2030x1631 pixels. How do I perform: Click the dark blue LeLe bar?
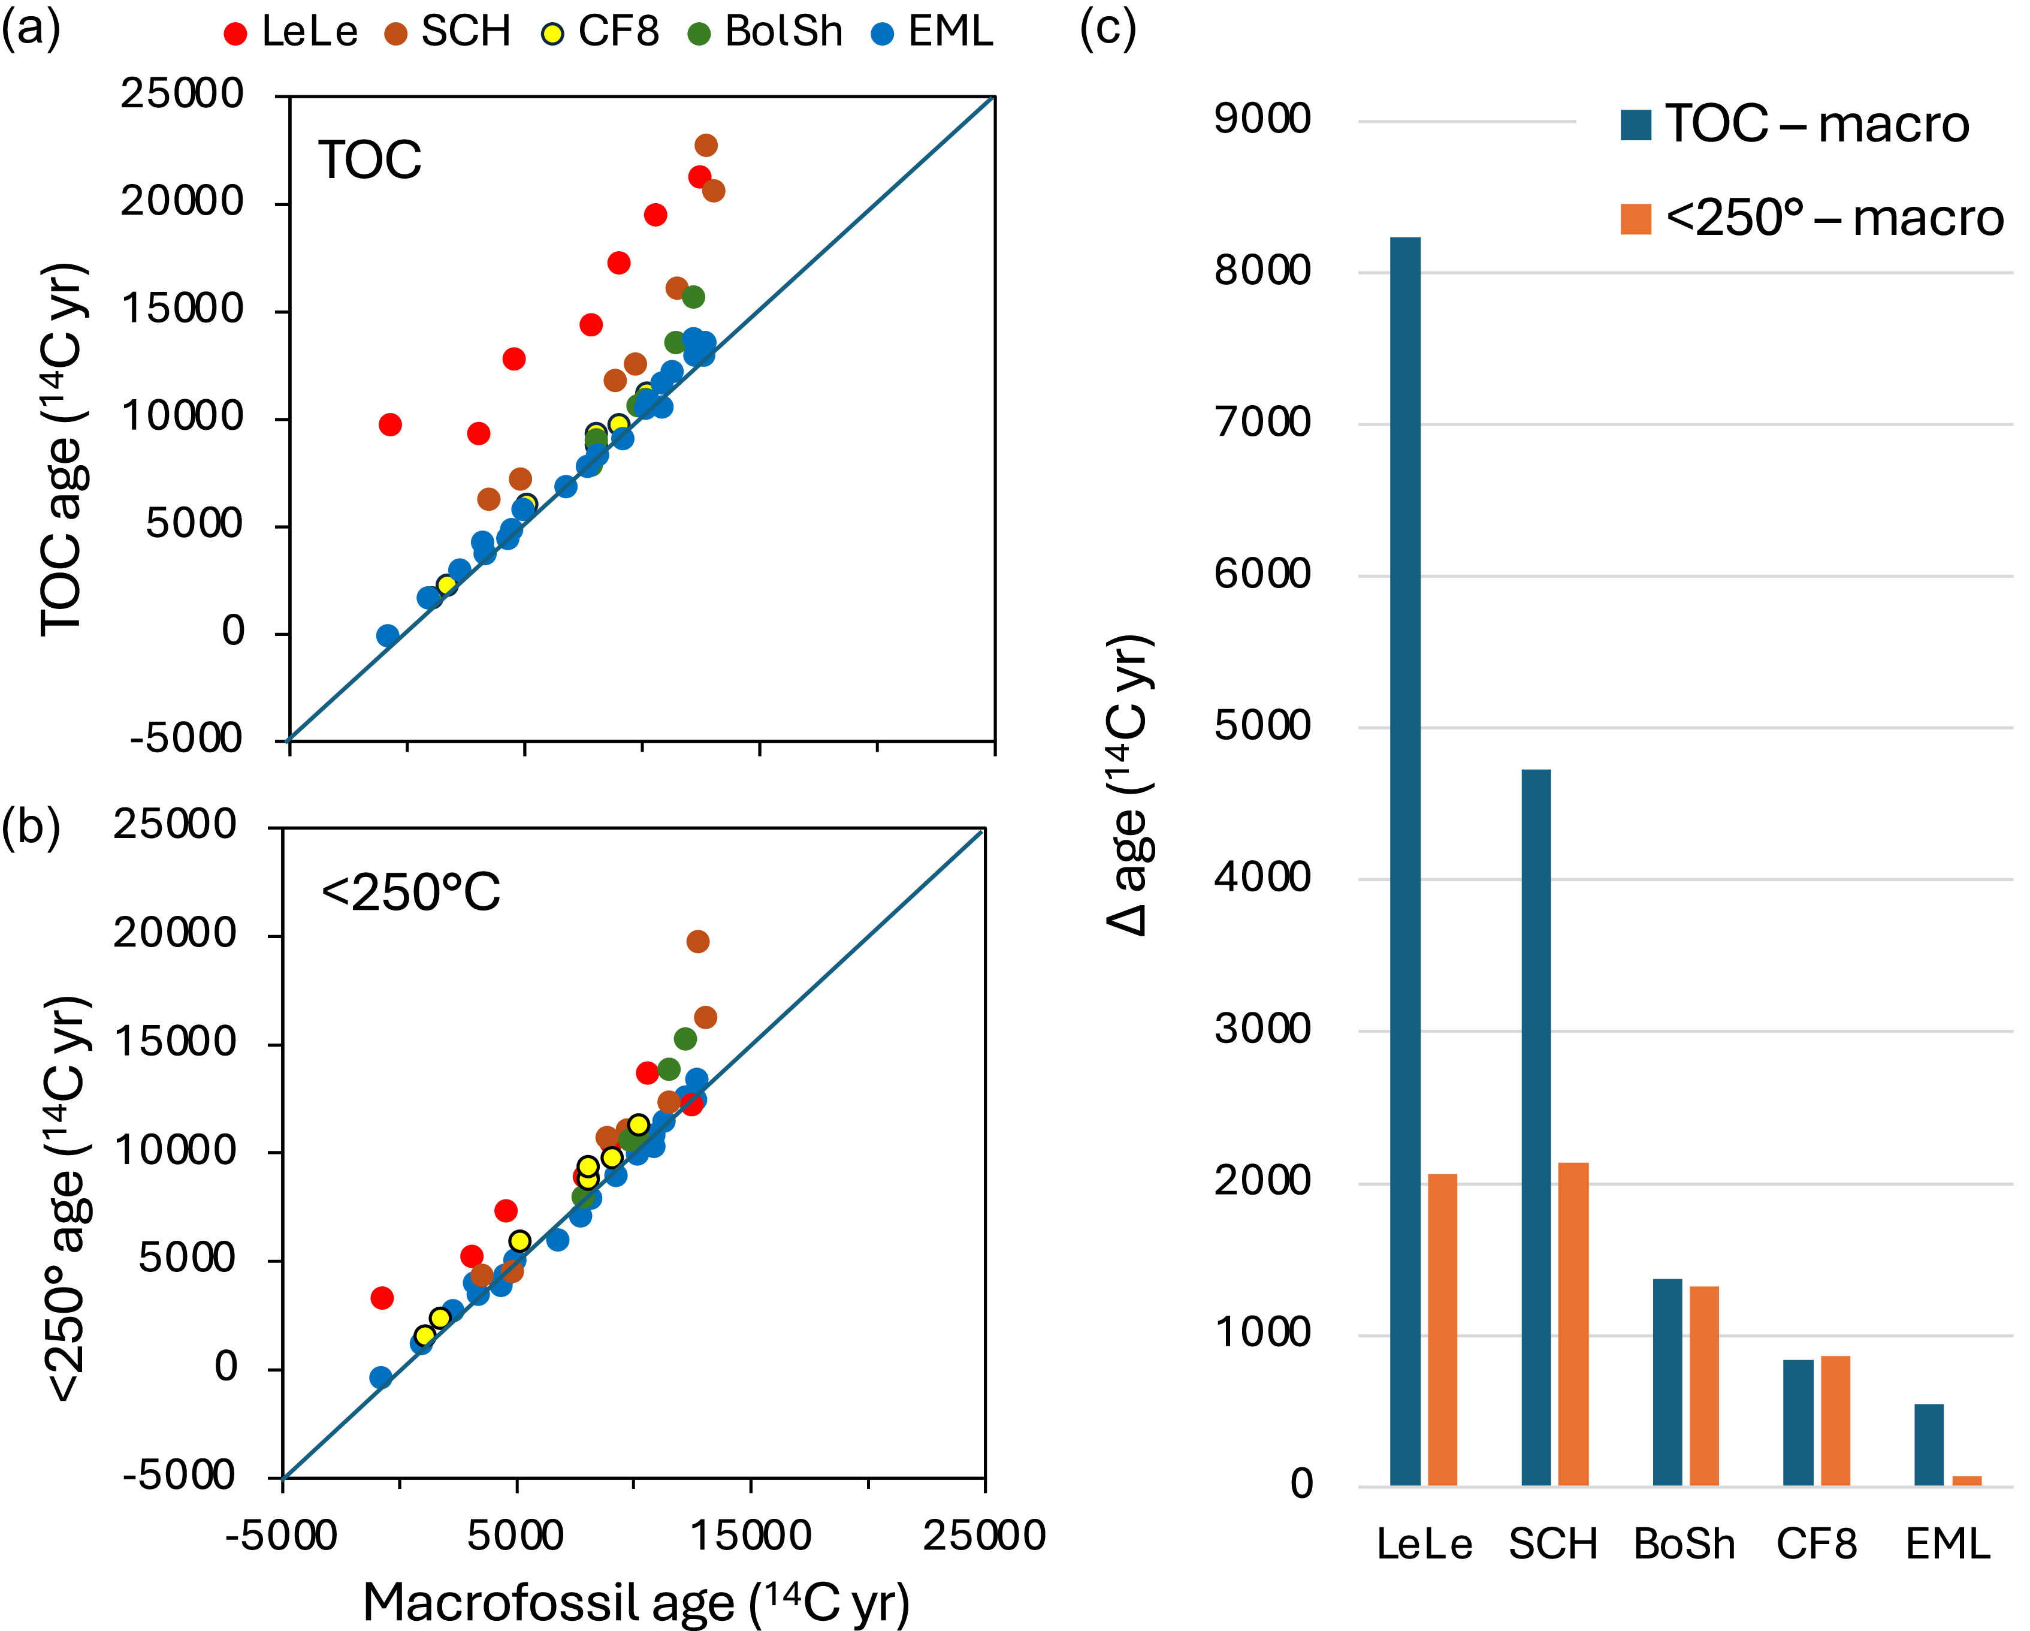[1405, 861]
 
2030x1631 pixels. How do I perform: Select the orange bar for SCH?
[1573, 1323]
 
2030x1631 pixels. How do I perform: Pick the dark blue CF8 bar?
[1798, 1422]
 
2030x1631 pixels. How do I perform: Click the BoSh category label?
[1684, 1544]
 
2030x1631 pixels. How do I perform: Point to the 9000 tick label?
[1262, 120]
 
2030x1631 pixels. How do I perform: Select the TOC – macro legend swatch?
[1636, 124]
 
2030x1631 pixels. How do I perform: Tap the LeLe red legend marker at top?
[235, 34]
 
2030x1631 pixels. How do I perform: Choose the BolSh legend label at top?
[783, 32]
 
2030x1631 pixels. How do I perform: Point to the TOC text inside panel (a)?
[369, 160]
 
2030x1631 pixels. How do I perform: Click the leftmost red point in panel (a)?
[390, 425]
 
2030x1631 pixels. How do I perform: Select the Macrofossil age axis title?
[636, 1602]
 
